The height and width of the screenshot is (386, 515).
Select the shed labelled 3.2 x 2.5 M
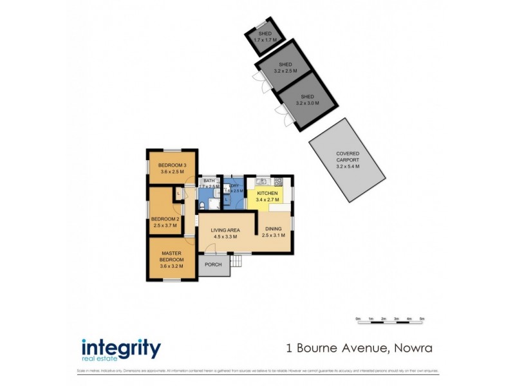tap(286, 68)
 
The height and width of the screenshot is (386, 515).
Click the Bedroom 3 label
tap(173, 167)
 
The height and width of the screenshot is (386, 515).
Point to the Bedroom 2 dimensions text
tap(165, 225)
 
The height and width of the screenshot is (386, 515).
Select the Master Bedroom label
tap(172, 256)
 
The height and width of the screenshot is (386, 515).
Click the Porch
tap(213, 265)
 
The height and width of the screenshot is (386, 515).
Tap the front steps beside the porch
tap(237, 261)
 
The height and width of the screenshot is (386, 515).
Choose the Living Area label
tap(225, 230)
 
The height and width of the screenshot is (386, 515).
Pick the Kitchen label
tap(267, 194)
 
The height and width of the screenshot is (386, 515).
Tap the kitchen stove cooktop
tap(278, 182)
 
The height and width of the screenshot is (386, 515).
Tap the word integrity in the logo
tap(120, 348)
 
